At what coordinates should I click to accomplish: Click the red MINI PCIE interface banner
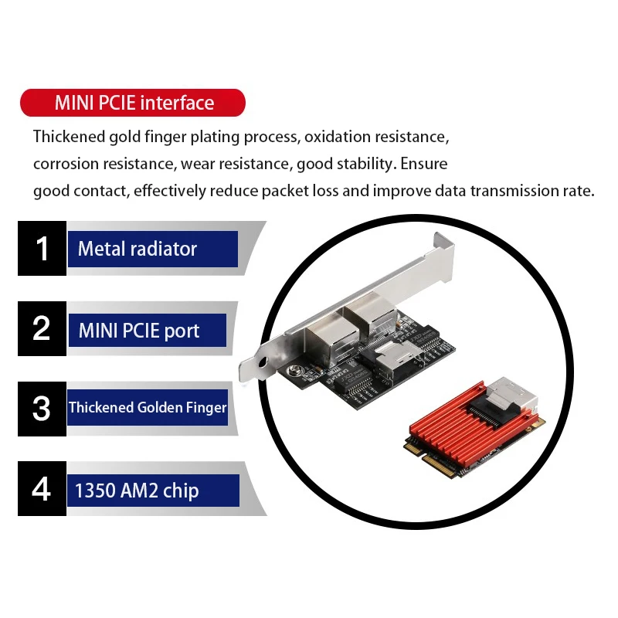132,103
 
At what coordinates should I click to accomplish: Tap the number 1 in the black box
42,249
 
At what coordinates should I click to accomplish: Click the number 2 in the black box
42,328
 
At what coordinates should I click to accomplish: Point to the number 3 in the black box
42,408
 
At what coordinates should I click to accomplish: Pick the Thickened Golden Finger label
148,407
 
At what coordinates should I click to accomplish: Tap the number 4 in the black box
42,489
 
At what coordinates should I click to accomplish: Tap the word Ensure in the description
423,165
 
